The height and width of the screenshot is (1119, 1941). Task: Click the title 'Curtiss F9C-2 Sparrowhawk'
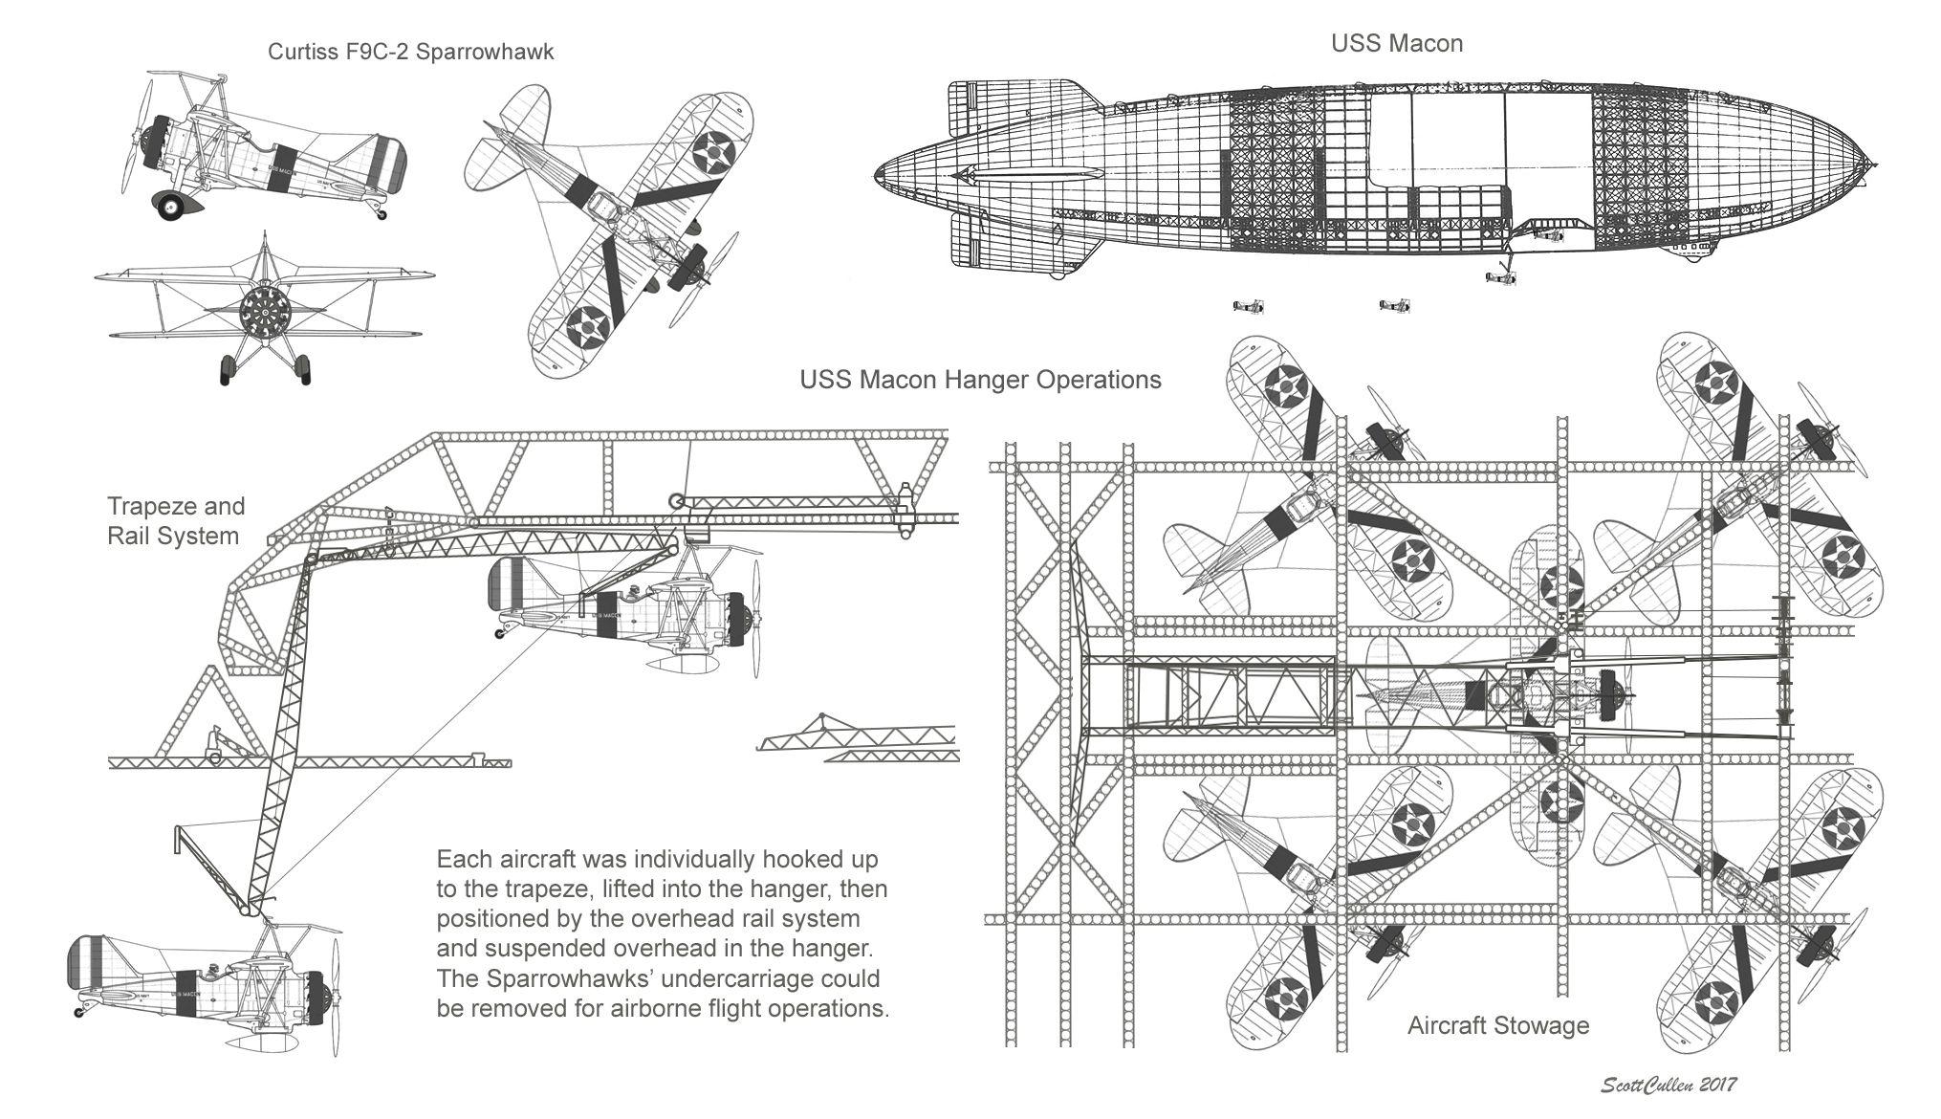click(x=410, y=52)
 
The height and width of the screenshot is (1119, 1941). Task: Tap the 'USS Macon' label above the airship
click(x=1397, y=44)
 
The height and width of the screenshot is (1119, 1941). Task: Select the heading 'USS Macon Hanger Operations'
click(x=980, y=380)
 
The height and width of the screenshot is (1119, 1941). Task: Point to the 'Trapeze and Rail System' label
click(x=175, y=520)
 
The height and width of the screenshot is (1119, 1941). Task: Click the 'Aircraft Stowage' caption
click(x=1497, y=1026)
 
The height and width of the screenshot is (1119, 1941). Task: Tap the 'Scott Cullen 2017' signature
click(x=1668, y=1085)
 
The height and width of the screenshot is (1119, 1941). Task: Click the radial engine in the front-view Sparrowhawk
click(x=262, y=311)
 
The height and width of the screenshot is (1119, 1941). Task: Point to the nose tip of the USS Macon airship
click(x=1872, y=165)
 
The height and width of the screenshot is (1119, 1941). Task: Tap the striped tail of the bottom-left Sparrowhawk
click(x=85, y=961)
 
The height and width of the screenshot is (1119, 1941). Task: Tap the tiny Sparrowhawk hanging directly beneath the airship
click(x=1501, y=277)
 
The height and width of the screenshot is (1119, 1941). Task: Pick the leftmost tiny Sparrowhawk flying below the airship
click(x=1249, y=306)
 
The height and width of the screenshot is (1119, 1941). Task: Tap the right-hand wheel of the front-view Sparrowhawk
click(x=302, y=368)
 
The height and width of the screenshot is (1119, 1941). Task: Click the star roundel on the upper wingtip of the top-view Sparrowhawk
click(x=711, y=150)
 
